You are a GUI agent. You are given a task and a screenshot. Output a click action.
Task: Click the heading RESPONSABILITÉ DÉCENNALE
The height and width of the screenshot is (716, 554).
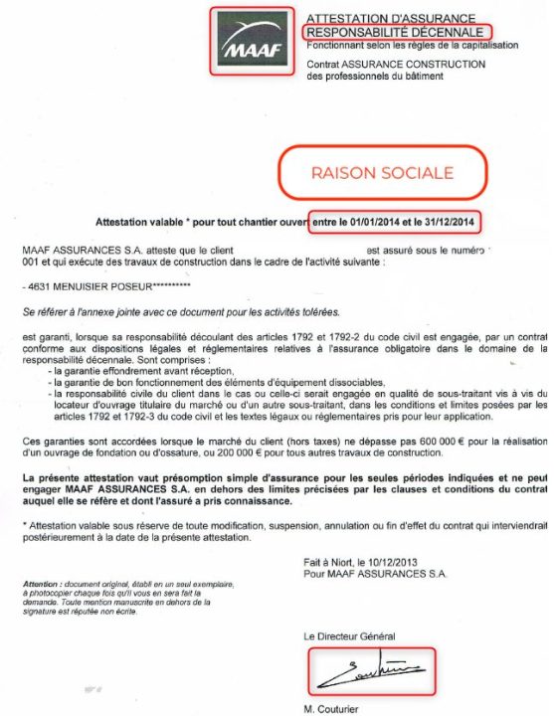point(395,32)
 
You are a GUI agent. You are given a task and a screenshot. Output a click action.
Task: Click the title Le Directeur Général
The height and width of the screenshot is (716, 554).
point(350,635)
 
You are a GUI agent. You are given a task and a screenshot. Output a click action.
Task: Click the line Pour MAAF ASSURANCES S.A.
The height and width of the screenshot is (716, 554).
point(376,574)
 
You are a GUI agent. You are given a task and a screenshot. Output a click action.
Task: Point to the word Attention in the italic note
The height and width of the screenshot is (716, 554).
point(42,582)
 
